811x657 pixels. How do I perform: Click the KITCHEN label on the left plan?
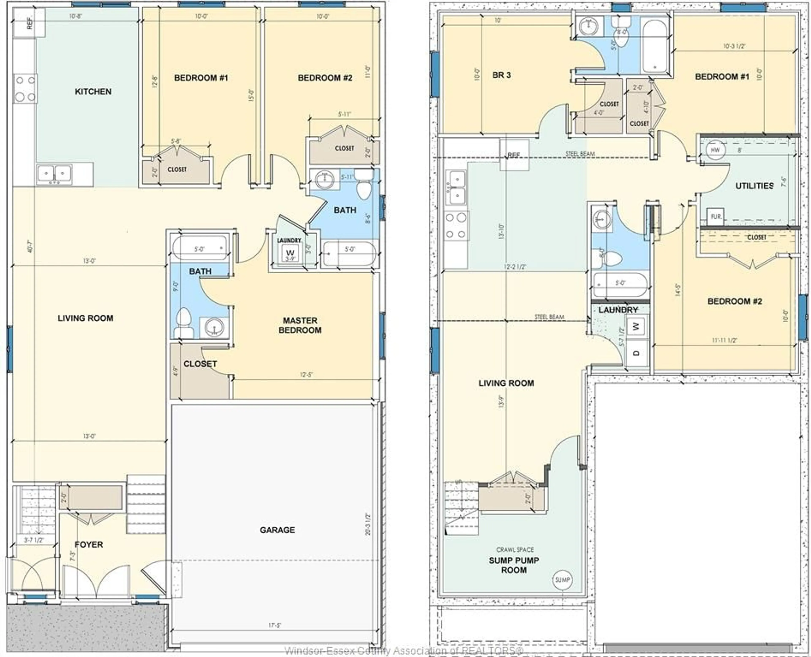click(x=93, y=92)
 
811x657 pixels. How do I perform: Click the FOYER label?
click(x=89, y=545)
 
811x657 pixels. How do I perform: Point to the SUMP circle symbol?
click(x=562, y=580)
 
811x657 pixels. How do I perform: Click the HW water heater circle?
click(x=715, y=150)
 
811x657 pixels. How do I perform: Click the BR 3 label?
click(x=502, y=75)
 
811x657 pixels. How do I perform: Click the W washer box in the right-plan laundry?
click(x=636, y=326)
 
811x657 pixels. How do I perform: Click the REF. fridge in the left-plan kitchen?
click(x=29, y=23)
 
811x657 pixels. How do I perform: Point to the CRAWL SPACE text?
click(x=515, y=550)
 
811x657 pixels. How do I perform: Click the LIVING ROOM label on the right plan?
click(x=506, y=383)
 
